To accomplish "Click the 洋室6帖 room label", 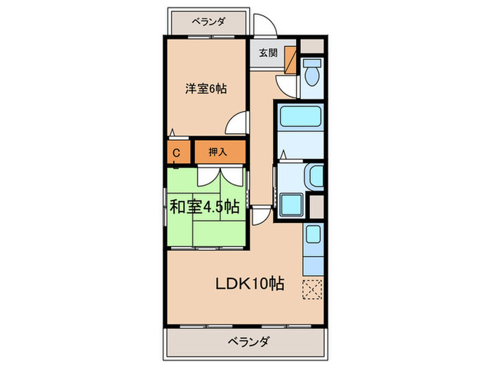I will [206, 89].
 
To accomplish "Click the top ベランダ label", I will [209, 21].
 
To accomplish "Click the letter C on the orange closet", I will [177, 152].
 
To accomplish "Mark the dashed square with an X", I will [311, 287].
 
